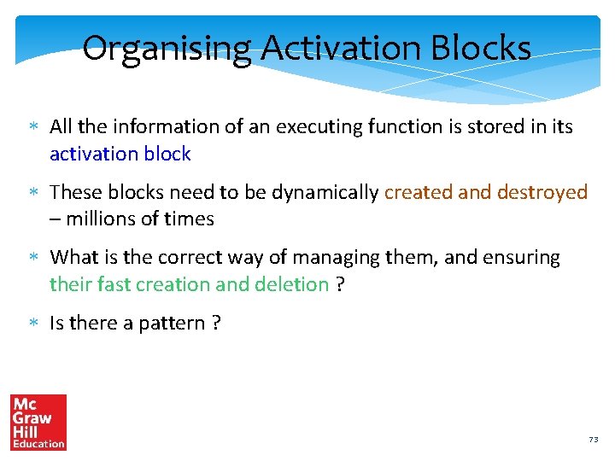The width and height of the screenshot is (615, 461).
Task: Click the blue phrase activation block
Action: [120, 154]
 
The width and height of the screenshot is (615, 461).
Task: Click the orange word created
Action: [418, 192]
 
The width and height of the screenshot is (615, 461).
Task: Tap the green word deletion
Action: [290, 283]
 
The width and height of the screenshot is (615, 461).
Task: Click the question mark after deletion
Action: [340, 283]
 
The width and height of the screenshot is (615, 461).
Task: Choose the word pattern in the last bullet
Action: [169, 323]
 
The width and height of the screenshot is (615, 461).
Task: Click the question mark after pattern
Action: [215, 323]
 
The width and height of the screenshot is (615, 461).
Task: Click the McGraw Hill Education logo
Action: [38, 422]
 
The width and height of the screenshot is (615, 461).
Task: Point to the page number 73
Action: [593, 439]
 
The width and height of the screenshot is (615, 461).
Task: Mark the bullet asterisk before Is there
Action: [31, 324]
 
